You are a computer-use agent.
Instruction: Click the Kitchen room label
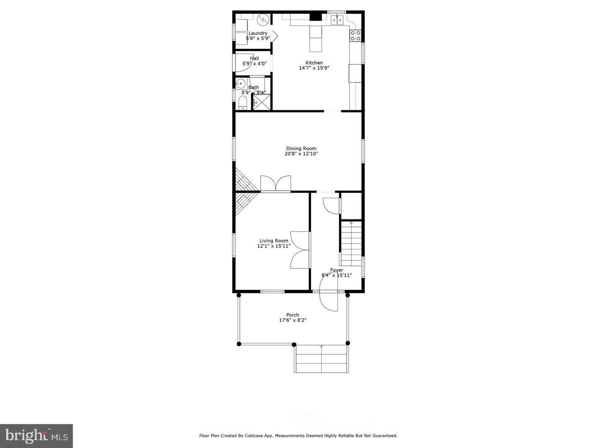click(314, 63)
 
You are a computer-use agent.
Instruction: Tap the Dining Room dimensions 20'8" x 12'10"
click(301, 154)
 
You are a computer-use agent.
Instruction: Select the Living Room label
click(274, 241)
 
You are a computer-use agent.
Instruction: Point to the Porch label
click(292, 315)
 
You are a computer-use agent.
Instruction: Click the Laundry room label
click(258, 33)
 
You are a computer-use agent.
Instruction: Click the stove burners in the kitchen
click(355, 36)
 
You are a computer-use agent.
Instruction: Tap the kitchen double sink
click(337, 19)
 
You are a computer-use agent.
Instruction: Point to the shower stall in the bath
click(262, 102)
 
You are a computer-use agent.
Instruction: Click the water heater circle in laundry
click(263, 19)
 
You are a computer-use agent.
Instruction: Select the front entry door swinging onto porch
click(329, 295)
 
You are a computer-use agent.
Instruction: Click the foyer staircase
click(351, 244)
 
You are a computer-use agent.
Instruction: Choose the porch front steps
click(321, 359)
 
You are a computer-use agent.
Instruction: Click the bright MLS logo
click(36, 436)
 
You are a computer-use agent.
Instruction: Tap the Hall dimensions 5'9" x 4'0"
click(255, 64)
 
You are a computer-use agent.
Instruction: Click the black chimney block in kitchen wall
click(316, 17)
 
